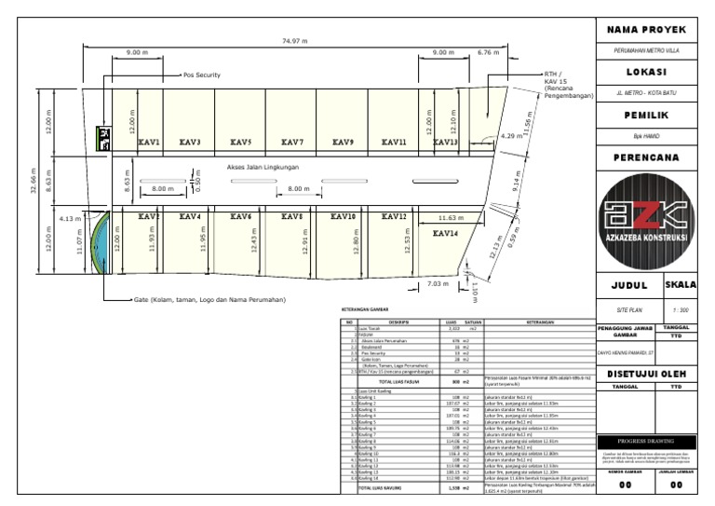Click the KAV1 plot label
[x=149, y=143]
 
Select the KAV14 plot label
[x=445, y=233]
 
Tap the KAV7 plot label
[x=292, y=143]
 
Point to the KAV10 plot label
[x=344, y=216]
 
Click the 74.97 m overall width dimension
[x=295, y=41]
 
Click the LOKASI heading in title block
[x=652, y=73]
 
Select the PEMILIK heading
[x=652, y=116]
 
